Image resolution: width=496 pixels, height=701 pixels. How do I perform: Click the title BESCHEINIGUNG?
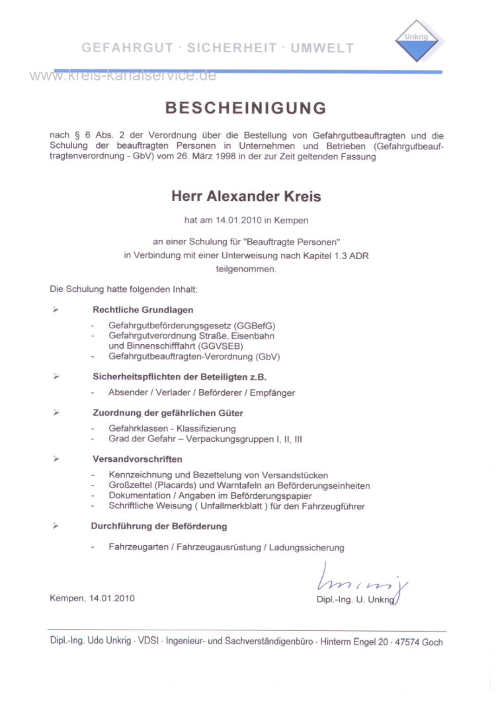245,108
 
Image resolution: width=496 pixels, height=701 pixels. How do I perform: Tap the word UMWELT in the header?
322,48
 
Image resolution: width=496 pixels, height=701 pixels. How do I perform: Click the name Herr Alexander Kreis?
246,196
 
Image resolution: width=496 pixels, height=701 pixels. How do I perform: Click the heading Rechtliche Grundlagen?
143,309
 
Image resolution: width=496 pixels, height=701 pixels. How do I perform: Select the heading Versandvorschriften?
138,459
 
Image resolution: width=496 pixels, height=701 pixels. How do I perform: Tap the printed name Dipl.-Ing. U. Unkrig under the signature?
355,599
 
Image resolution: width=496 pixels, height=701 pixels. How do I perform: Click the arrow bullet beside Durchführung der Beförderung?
56,527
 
